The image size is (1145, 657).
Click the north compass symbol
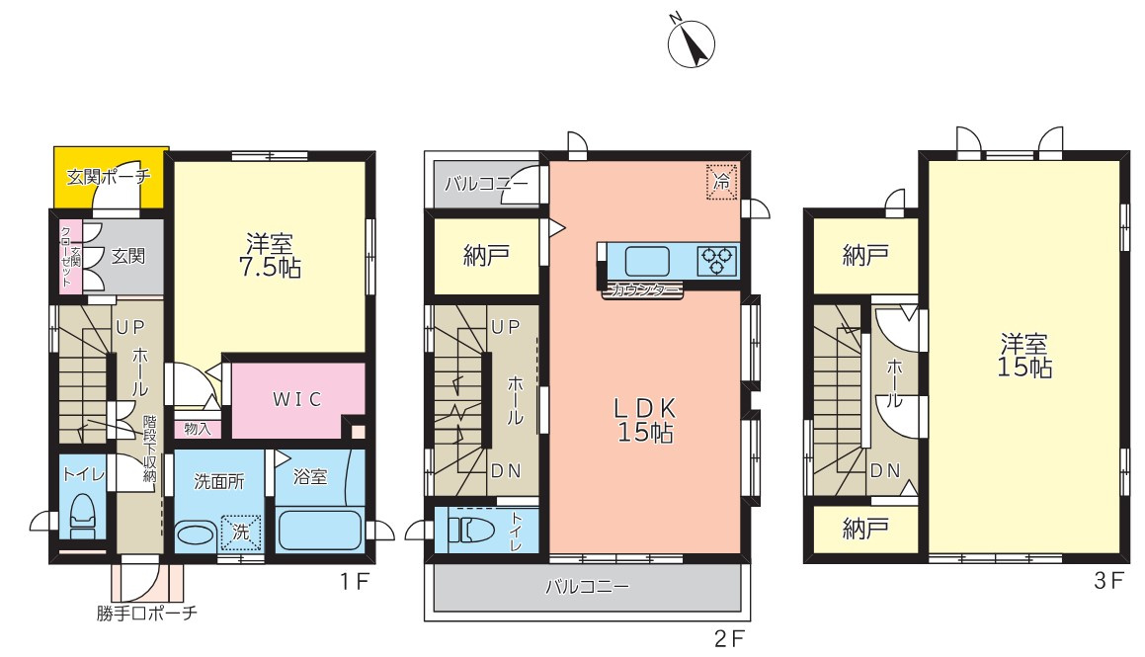click(692, 43)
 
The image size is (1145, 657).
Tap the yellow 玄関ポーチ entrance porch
click(108, 178)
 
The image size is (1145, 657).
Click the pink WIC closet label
click(297, 399)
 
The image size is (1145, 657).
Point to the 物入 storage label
click(198, 429)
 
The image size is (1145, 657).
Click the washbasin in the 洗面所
click(196, 535)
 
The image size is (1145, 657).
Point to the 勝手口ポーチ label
click(147, 614)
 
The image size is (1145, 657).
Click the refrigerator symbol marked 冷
click(722, 181)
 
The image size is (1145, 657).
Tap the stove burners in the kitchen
click(717, 261)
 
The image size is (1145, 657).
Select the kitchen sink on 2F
click(647, 262)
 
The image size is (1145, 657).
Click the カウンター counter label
click(642, 290)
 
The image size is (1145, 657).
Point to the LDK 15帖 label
click(647, 419)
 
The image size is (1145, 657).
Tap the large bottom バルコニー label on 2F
click(587, 587)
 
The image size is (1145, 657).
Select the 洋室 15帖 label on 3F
click(1024, 357)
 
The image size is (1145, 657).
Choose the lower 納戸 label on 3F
click(864, 530)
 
